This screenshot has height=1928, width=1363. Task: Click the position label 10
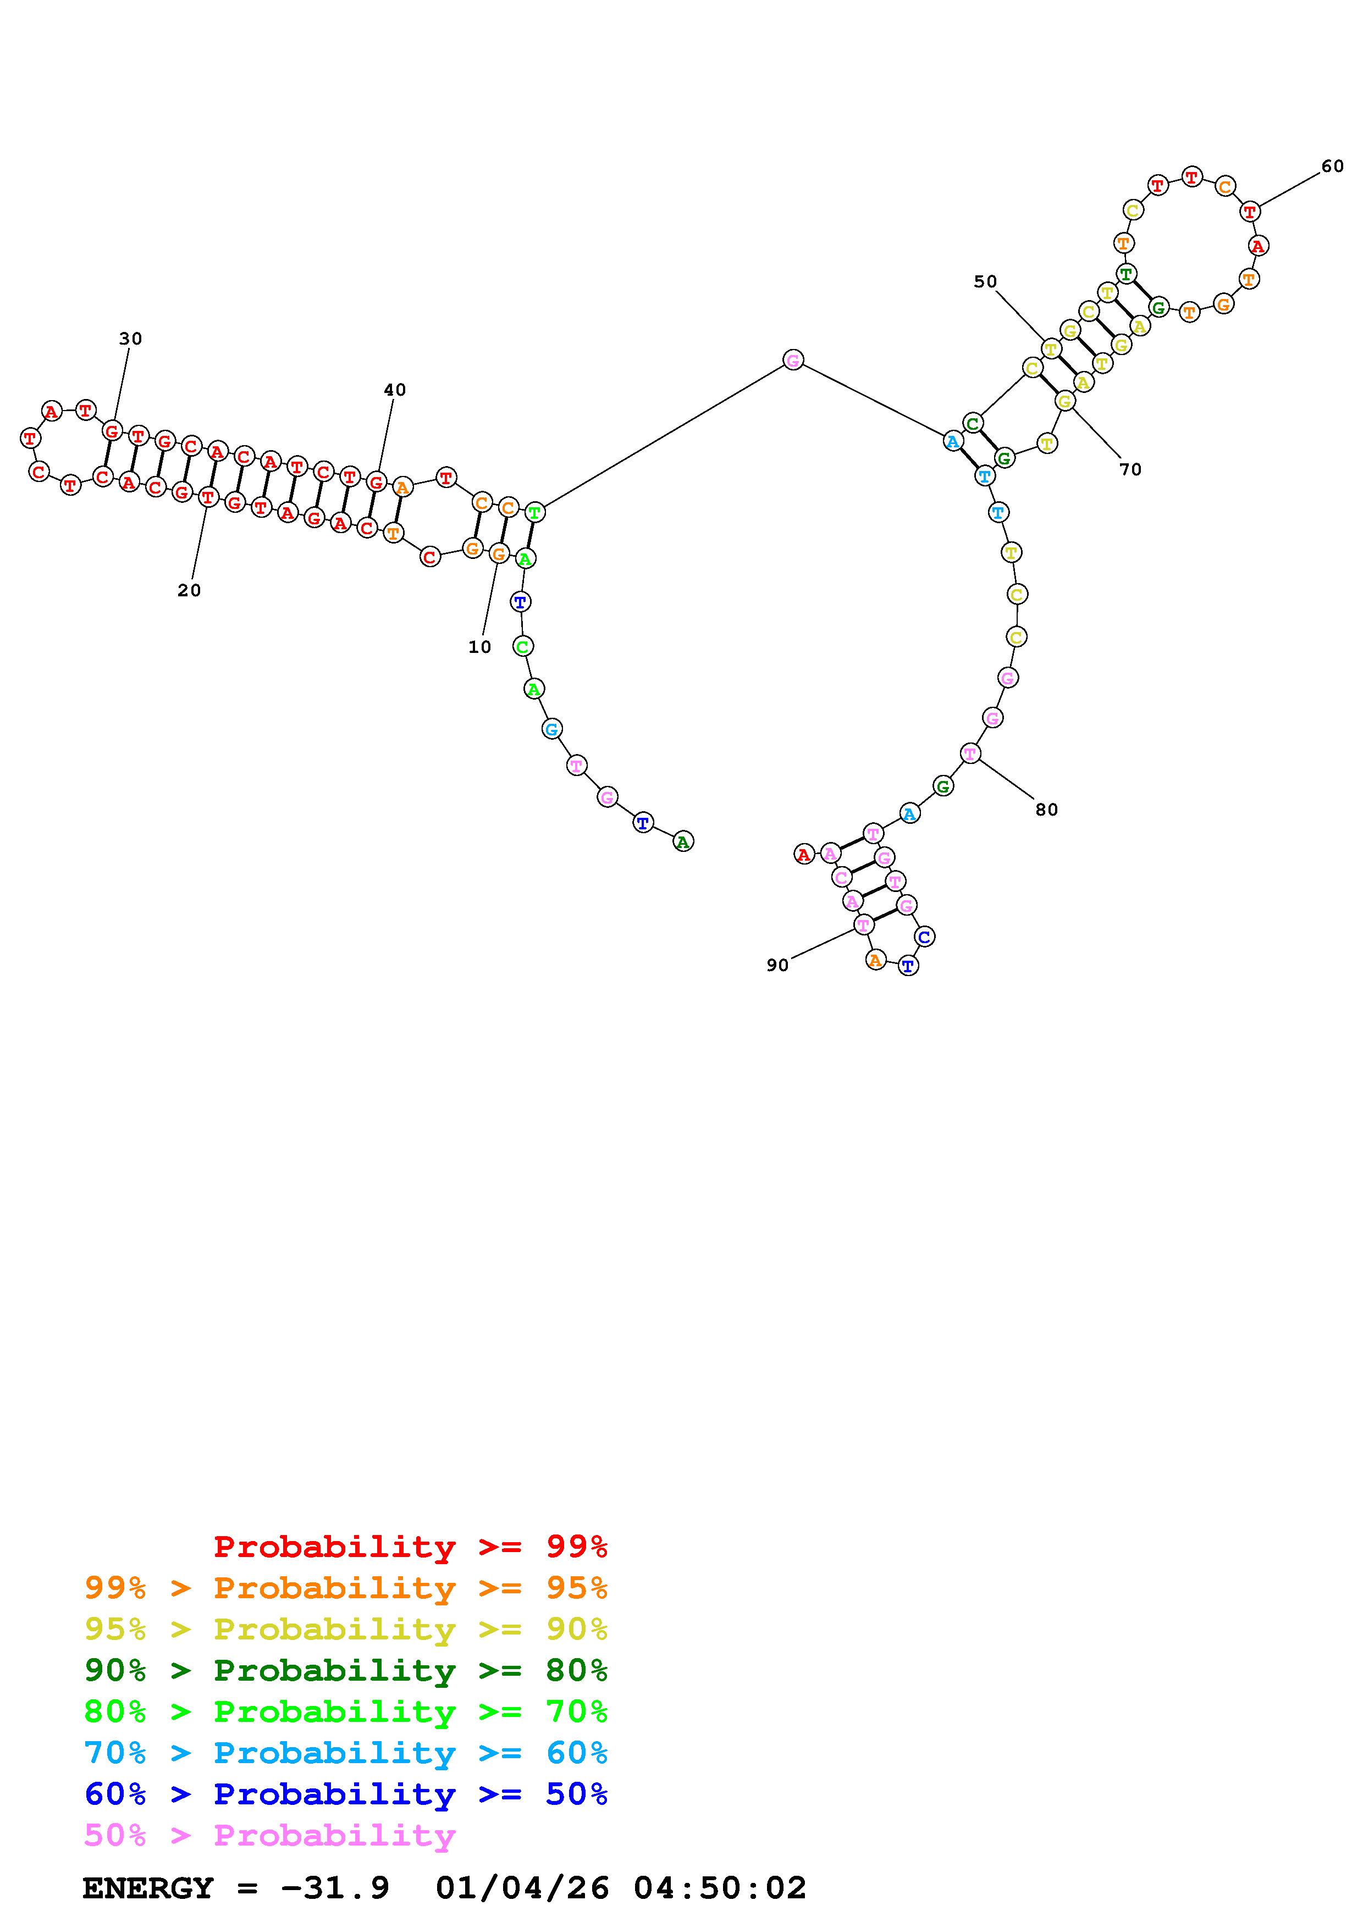point(479,646)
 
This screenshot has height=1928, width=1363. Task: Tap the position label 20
point(189,590)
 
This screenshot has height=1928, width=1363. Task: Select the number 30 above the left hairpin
point(130,339)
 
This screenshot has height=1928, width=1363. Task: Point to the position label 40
point(395,390)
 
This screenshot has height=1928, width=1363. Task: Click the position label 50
point(985,281)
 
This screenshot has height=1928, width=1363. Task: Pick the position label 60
point(1333,167)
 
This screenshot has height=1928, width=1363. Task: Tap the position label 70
point(1130,469)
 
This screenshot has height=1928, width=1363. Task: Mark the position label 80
point(1046,810)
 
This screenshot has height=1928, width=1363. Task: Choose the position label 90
point(777,965)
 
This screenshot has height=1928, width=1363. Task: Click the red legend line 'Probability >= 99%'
point(411,1546)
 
